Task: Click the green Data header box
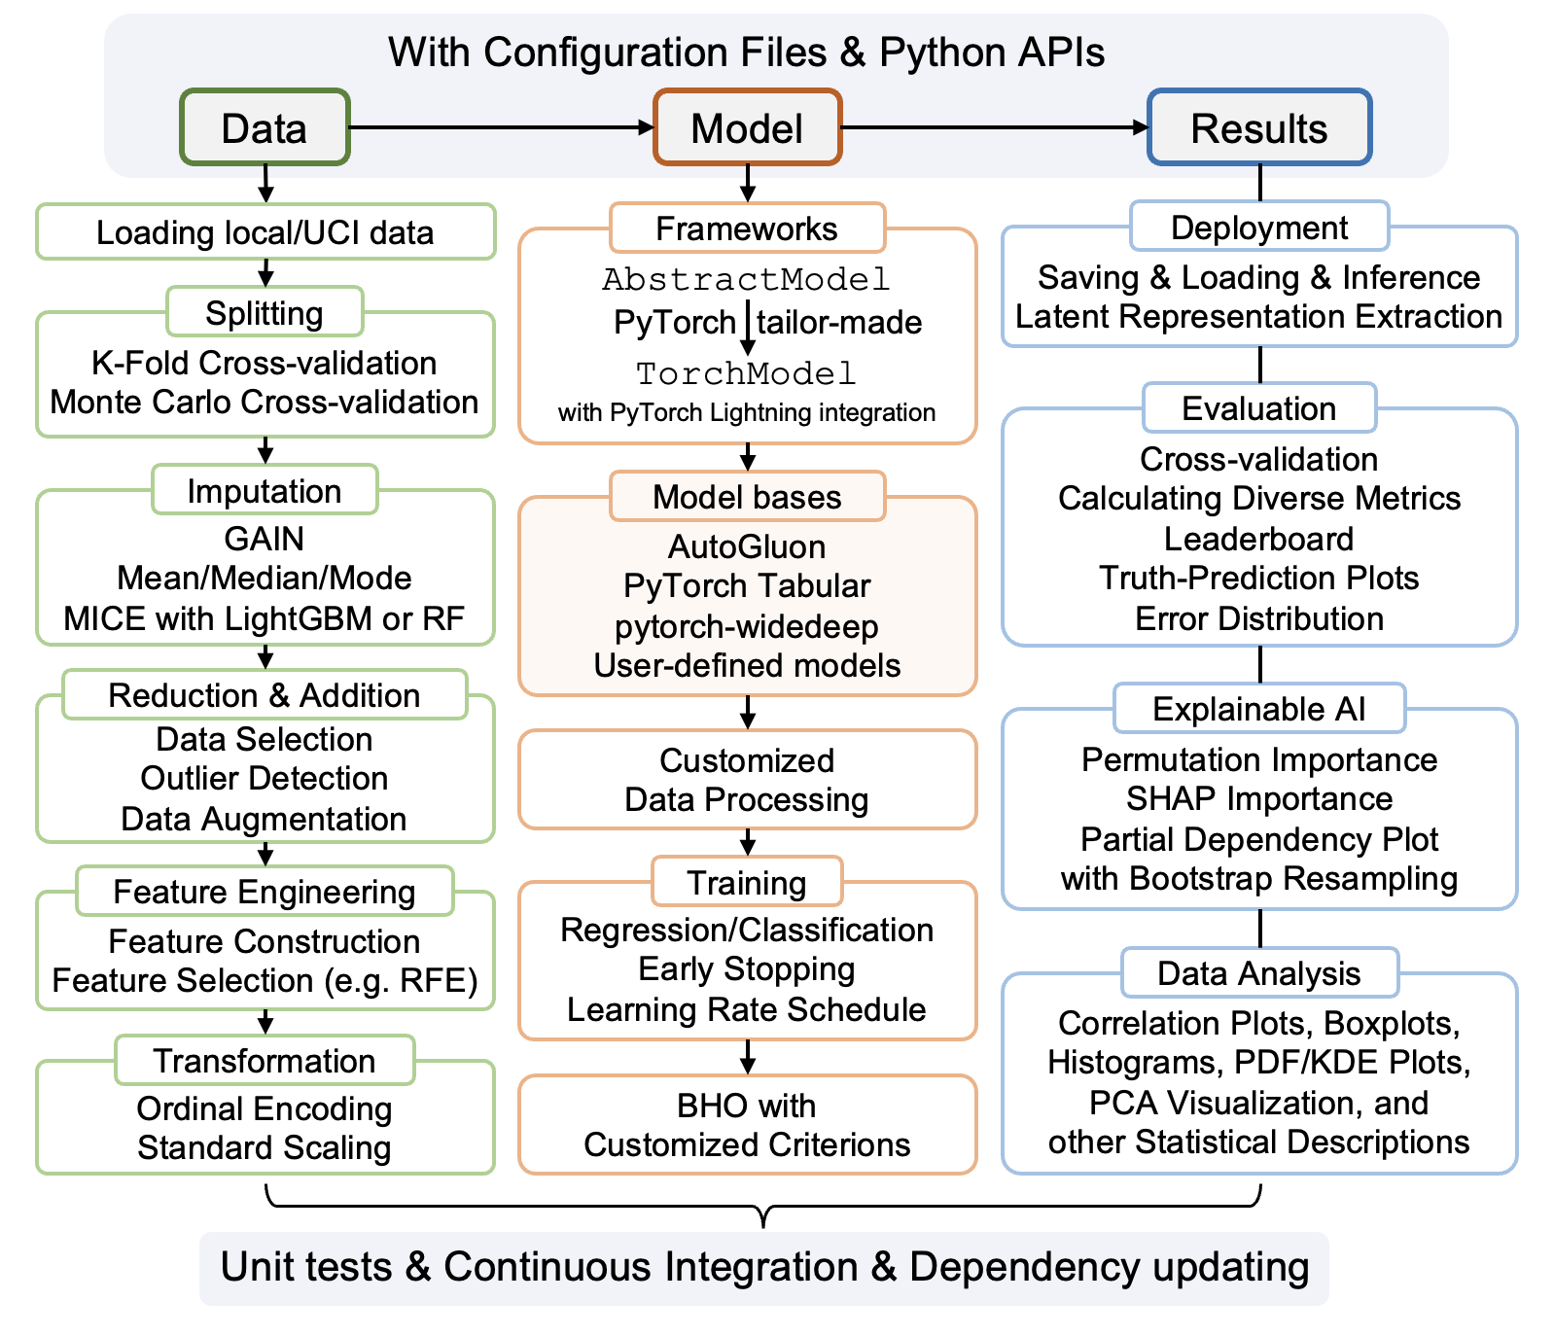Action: tap(265, 127)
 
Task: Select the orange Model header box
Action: tap(747, 127)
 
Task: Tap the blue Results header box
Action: tap(1259, 127)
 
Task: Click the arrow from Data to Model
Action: tap(501, 127)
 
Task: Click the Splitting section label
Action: tap(265, 313)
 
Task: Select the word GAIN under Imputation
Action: tap(265, 539)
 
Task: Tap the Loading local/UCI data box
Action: tap(265, 232)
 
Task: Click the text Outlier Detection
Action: tap(265, 778)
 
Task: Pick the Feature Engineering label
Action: tap(265, 892)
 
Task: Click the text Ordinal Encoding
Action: tap(265, 1108)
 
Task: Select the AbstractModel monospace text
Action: tap(747, 280)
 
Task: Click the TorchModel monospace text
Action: tap(747, 373)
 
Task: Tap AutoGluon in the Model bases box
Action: tap(747, 546)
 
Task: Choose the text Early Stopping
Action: tap(747, 969)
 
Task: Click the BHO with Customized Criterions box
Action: tap(747, 1125)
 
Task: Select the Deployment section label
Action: tap(1259, 228)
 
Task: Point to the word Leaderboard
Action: tap(1259, 539)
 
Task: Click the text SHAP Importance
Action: tap(1259, 799)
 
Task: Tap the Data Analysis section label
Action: tap(1259, 973)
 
